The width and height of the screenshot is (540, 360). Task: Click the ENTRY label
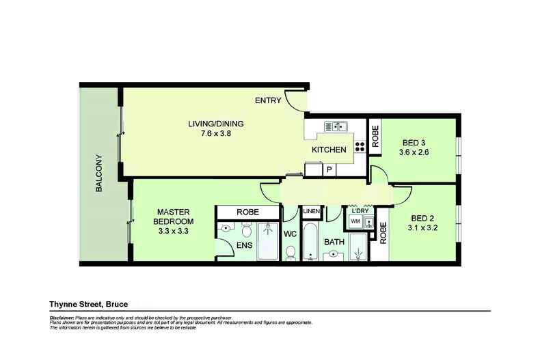pyautogui.click(x=268, y=100)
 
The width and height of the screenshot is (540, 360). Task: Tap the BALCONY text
pyautogui.click(x=98, y=172)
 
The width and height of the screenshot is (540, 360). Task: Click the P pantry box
pyautogui.click(x=329, y=169)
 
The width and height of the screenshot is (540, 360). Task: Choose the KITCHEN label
pyautogui.click(x=329, y=150)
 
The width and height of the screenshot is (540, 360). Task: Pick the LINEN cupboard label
pyautogui.click(x=311, y=211)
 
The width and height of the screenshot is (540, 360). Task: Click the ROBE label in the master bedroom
pyautogui.click(x=247, y=212)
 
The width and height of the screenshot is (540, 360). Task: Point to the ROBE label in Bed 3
pyautogui.click(x=375, y=136)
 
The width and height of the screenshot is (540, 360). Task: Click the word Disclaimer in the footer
pyautogui.click(x=63, y=318)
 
